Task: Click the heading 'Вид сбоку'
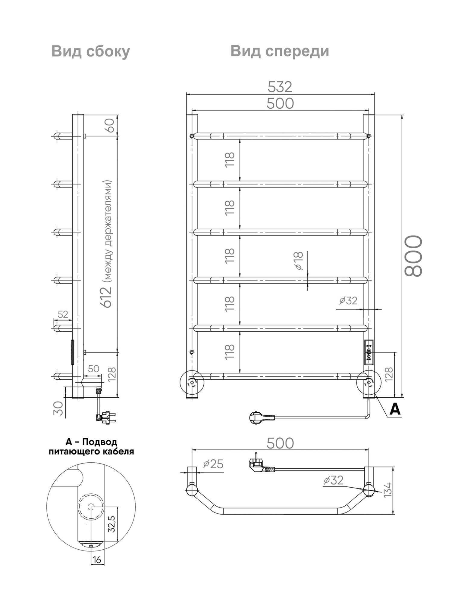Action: [91, 51]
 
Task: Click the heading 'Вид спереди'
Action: [280, 51]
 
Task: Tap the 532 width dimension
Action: [280, 87]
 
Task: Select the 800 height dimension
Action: [413, 256]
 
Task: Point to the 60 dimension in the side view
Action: [110, 125]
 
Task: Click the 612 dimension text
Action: [107, 297]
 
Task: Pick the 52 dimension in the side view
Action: [63, 314]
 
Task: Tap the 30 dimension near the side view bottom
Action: [59, 408]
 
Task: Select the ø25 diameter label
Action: [213, 464]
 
